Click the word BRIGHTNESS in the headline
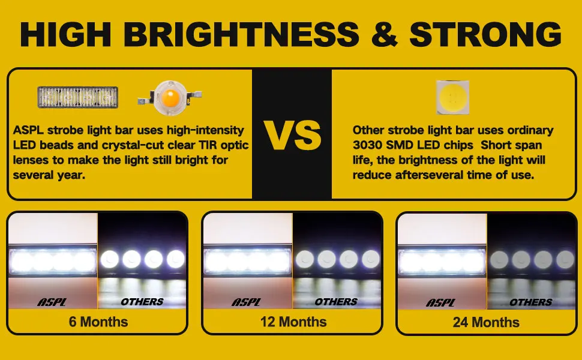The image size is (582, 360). (242, 34)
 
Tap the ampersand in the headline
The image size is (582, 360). (384, 34)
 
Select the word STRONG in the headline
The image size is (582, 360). (485, 34)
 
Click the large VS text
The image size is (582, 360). (292, 136)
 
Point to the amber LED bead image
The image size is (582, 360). (170, 98)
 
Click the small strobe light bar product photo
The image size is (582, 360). (78, 97)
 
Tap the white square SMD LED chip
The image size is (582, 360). (452, 98)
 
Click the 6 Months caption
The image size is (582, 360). (98, 322)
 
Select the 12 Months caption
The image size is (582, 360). (293, 322)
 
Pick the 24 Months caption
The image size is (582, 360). (486, 322)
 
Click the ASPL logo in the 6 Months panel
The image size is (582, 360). (52, 302)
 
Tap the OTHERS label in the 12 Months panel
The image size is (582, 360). (336, 302)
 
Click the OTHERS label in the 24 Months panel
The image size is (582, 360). (531, 302)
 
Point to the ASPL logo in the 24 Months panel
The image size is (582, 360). (440, 302)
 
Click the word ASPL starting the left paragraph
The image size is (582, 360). (28, 130)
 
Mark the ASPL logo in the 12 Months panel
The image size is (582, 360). (246, 302)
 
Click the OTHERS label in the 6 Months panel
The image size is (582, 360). (142, 302)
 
